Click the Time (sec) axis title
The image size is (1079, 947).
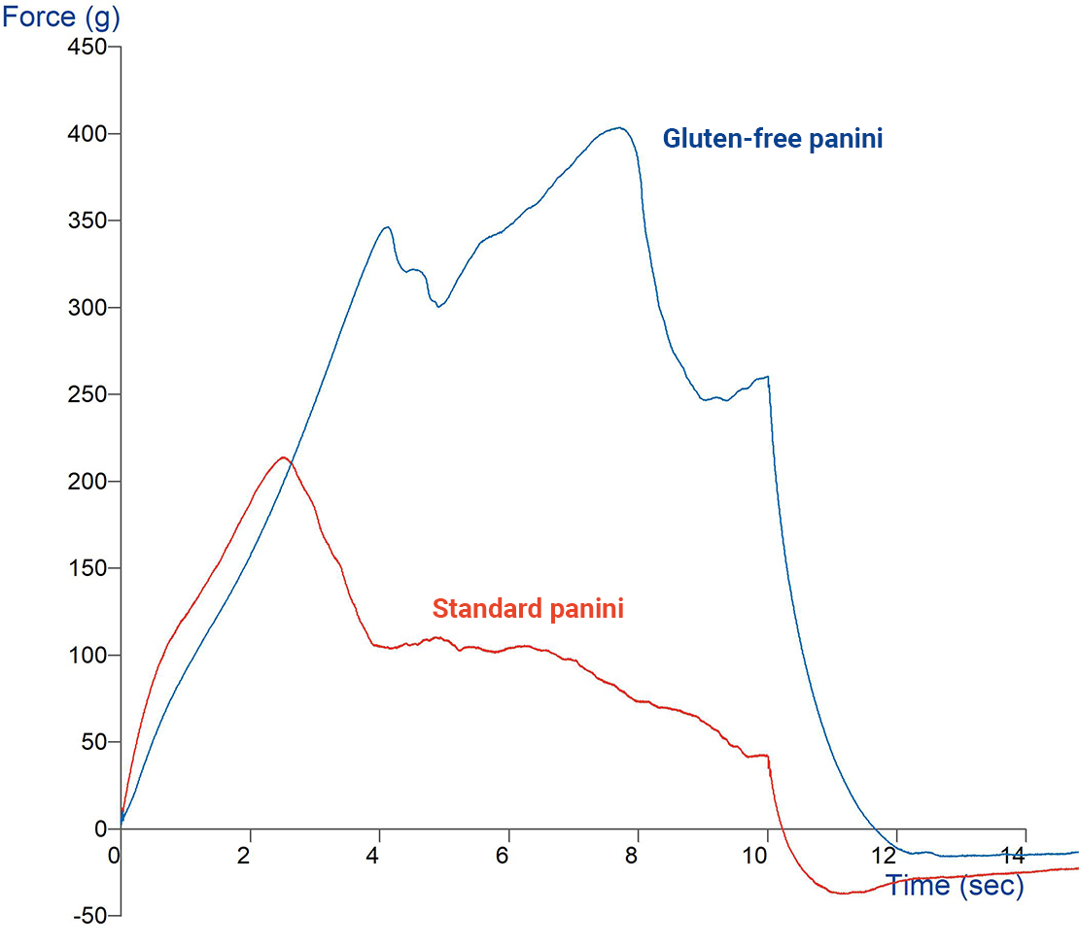click(954, 886)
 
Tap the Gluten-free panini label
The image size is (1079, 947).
click(773, 139)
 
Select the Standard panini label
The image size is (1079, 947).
click(528, 609)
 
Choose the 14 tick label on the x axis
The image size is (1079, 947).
click(1012, 856)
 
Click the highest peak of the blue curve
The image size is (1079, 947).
click(619, 127)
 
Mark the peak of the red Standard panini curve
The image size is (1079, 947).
click(283, 457)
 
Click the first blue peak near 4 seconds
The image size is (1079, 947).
click(387, 227)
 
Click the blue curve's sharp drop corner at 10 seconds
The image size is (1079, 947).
click(768, 377)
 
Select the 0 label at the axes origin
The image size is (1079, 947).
click(115, 856)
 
